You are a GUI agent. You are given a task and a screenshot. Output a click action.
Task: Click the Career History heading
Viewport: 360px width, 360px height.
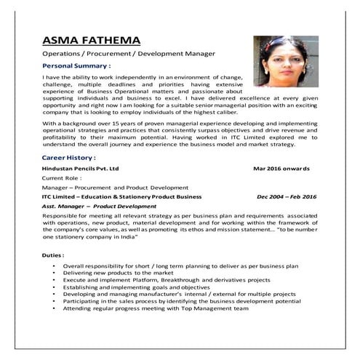click(x=68, y=157)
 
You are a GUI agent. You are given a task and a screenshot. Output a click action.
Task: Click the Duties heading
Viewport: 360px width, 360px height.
click(x=53, y=255)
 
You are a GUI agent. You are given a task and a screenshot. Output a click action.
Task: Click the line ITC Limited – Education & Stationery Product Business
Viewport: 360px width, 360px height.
click(x=121, y=196)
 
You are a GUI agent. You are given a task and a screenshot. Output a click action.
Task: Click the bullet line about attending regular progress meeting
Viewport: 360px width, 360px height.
click(x=156, y=308)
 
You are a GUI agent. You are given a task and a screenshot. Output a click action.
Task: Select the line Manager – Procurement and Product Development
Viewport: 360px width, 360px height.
click(x=115, y=187)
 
